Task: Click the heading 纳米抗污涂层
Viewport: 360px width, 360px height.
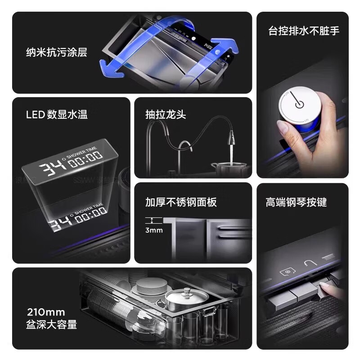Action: [x=56, y=53]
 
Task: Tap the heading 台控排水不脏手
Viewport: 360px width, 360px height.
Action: [x=303, y=31]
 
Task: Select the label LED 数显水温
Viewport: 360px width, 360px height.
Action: [x=57, y=114]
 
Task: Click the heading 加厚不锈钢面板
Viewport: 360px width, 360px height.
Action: [x=181, y=202]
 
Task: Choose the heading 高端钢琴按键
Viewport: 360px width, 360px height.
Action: [x=296, y=202]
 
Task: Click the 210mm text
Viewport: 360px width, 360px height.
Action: [x=46, y=312]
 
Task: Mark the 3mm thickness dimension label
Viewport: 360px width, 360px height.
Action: [x=154, y=230]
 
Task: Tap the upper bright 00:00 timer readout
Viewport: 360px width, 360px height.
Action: [x=86, y=158]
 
